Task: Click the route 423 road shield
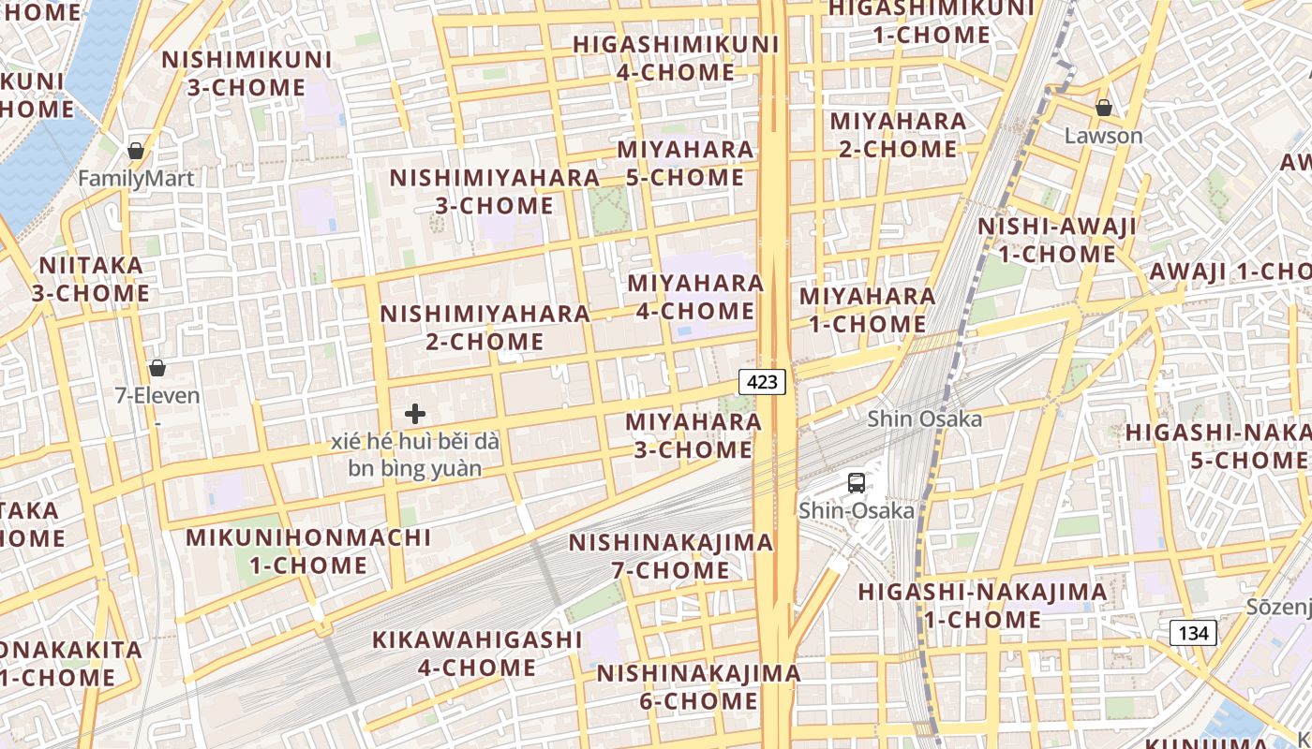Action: click(x=762, y=381)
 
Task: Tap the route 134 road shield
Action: click(x=1193, y=633)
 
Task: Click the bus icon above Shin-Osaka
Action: click(x=856, y=483)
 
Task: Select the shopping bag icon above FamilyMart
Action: click(x=136, y=151)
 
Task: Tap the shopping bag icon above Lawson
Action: click(x=1104, y=108)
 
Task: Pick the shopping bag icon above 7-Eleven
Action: click(x=157, y=368)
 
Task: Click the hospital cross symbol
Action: click(x=415, y=414)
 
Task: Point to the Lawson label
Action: click(x=1104, y=136)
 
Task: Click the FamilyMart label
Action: click(x=136, y=179)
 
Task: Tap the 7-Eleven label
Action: click(x=157, y=396)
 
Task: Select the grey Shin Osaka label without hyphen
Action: click(x=924, y=419)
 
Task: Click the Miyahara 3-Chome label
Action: click(x=693, y=435)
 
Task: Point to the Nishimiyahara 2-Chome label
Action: click(x=485, y=327)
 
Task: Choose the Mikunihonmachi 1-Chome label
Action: click(x=308, y=551)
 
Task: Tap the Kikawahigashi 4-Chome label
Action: click(x=477, y=654)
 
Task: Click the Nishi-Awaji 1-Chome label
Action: click(x=1057, y=240)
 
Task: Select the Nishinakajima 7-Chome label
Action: click(x=671, y=556)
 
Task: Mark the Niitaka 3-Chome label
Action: click(x=91, y=279)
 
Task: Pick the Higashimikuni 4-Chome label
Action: click(x=676, y=58)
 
